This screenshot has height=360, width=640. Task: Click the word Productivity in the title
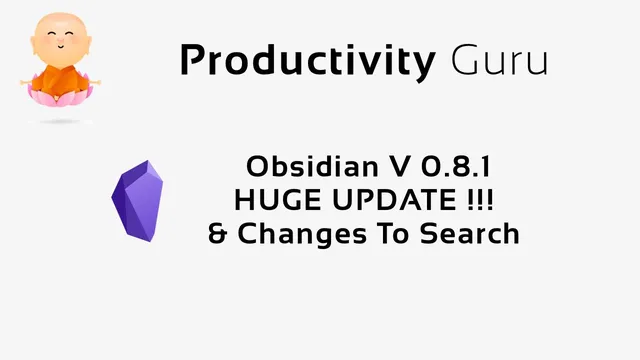pos(306,62)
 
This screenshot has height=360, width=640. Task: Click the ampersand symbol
pos(217,235)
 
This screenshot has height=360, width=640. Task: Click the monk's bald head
pos(56,22)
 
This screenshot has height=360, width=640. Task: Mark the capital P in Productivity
pos(191,62)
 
